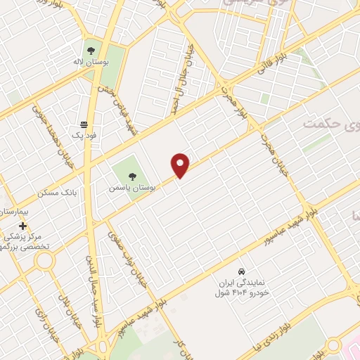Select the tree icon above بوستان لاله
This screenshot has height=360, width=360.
(90, 49)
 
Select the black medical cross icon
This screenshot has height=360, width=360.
(23, 226)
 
